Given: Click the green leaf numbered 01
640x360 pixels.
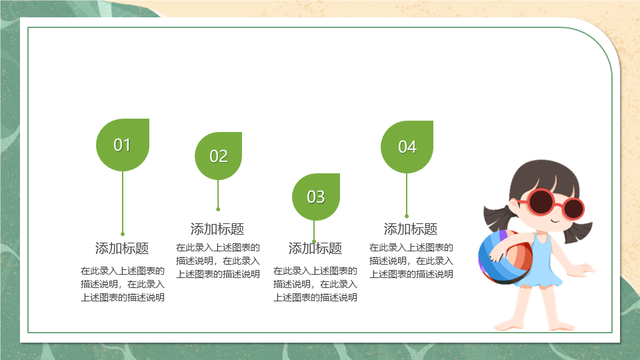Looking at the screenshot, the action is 123,145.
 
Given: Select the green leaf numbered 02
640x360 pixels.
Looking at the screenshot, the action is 219,156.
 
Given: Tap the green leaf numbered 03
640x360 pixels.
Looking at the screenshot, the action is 316,197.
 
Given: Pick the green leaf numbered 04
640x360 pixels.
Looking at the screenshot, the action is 407,147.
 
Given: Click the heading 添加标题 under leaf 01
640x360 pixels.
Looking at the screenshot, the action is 122,248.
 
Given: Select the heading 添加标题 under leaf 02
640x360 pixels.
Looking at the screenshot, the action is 217,229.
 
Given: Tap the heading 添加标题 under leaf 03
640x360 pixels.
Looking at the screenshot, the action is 315,248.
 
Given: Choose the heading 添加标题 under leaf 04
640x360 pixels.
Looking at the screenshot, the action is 411,229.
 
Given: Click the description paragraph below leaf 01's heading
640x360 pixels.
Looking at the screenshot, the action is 123,284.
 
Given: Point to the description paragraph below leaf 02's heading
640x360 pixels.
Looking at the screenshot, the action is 218,261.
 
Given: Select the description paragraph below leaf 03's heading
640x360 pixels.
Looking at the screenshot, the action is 315,284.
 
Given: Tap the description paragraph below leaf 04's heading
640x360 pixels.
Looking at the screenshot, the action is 411,261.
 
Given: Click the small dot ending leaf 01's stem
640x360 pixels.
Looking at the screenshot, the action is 123,234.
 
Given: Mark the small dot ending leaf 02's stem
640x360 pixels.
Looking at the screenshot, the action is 218,209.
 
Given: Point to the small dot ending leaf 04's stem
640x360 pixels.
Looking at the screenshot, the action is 407,216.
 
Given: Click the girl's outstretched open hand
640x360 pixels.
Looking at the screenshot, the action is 585,269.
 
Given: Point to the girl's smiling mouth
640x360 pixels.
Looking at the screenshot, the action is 555,221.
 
